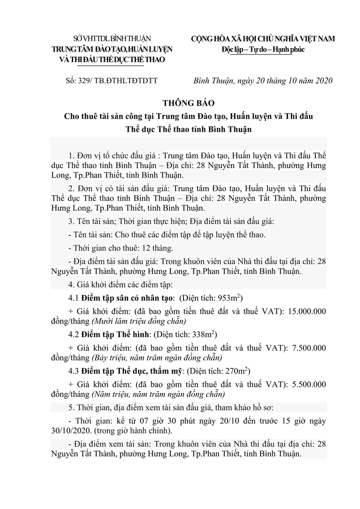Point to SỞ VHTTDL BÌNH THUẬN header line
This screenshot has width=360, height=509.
point(112,38)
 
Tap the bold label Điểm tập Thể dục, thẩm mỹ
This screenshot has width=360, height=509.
point(129,370)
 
